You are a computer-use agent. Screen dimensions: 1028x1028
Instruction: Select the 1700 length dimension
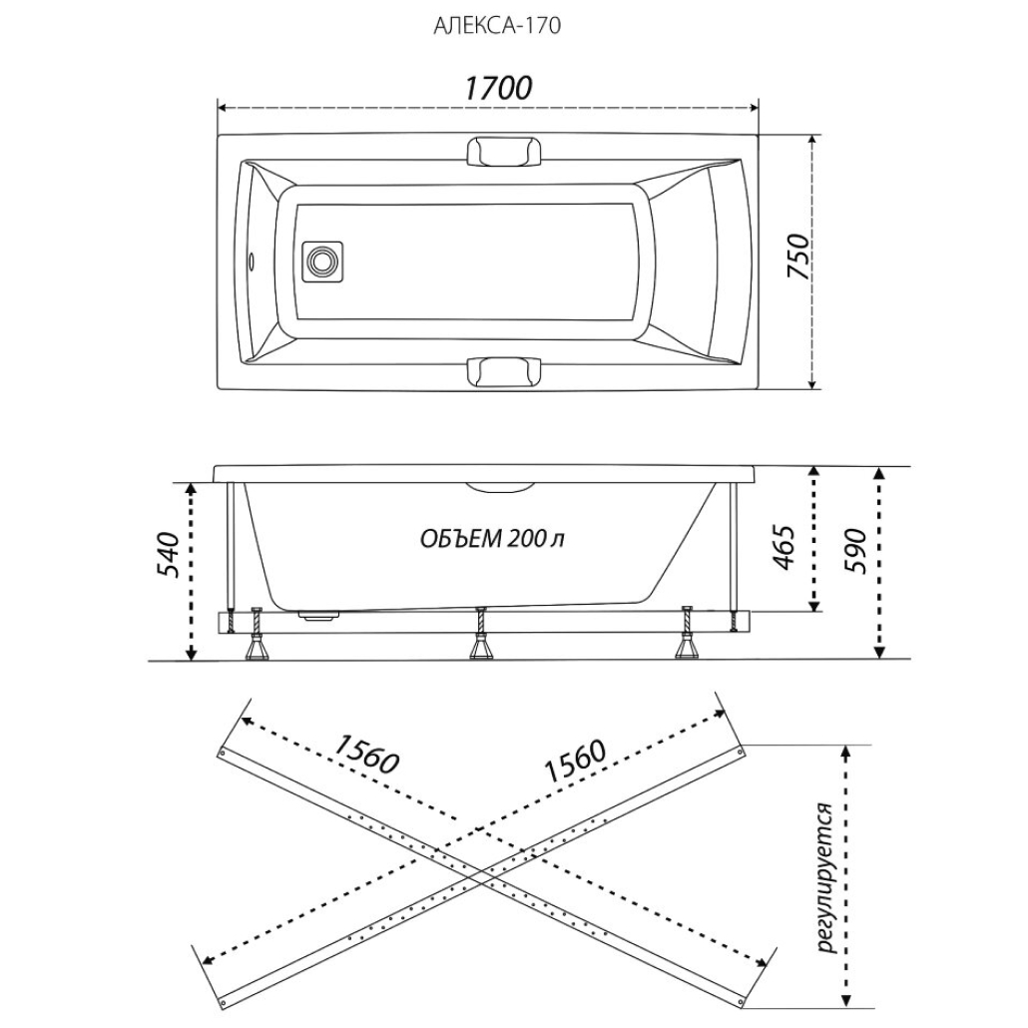pyautogui.click(x=496, y=88)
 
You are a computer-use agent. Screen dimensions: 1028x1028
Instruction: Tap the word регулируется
pyautogui.click(x=824, y=876)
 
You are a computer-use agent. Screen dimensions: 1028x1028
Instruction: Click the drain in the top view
pyautogui.click(x=321, y=261)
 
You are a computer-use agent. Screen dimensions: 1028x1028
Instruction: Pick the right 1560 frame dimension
pyautogui.click(x=575, y=763)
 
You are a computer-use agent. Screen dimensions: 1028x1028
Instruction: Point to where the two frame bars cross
pyautogui.click(x=483, y=871)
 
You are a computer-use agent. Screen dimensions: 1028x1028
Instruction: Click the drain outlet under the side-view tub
pyautogui.click(x=320, y=616)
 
